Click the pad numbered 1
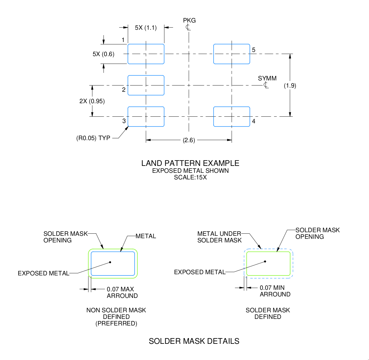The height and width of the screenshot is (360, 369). pyautogui.click(x=146, y=54)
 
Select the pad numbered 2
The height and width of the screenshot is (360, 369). pyautogui.click(x=146, y=85)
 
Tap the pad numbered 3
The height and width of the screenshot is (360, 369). pyautogui.click(x=146, y=117)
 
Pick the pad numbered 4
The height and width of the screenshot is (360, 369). pyautogui.click(x=232, y=117)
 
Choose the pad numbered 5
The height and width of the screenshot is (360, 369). pyautogui.click(x=232, y=54)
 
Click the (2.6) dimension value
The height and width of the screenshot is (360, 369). pyautogui.click(x=189, y=140)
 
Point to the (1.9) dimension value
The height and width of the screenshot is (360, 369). pyautogui.click(x=290, y=85)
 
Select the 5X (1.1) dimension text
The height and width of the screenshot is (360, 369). pyautogui.click(x=146, y=28)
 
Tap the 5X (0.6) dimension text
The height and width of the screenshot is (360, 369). pyautogui.click(x=103, y=54)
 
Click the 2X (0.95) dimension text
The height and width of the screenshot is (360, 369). pyautogui.click(x=92, y=101)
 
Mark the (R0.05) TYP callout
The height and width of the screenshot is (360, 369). pyautogui.click(x=93, y=138)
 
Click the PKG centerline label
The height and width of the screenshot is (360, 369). pyautogui.click(x=189, y=20)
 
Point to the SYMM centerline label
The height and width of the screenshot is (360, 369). pyautogui.click(x=267, y=78)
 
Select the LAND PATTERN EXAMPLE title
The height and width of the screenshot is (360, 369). pyautogui.click(x=190, y=163)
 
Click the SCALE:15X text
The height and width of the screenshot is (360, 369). pyautogui.click(x=190, y=177)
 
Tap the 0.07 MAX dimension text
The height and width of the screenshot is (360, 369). pyautogui.click(x=120, y=289)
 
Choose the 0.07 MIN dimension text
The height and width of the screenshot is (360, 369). pyautogui.click(x=272, y=288)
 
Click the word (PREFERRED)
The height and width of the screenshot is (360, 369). pyautogui.click(x=116, y=323)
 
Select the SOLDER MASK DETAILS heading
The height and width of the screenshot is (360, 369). pyautogui.click(x=194, y=341)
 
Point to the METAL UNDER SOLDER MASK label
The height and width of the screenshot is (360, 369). pyautogui.click(x=219, y=237)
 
